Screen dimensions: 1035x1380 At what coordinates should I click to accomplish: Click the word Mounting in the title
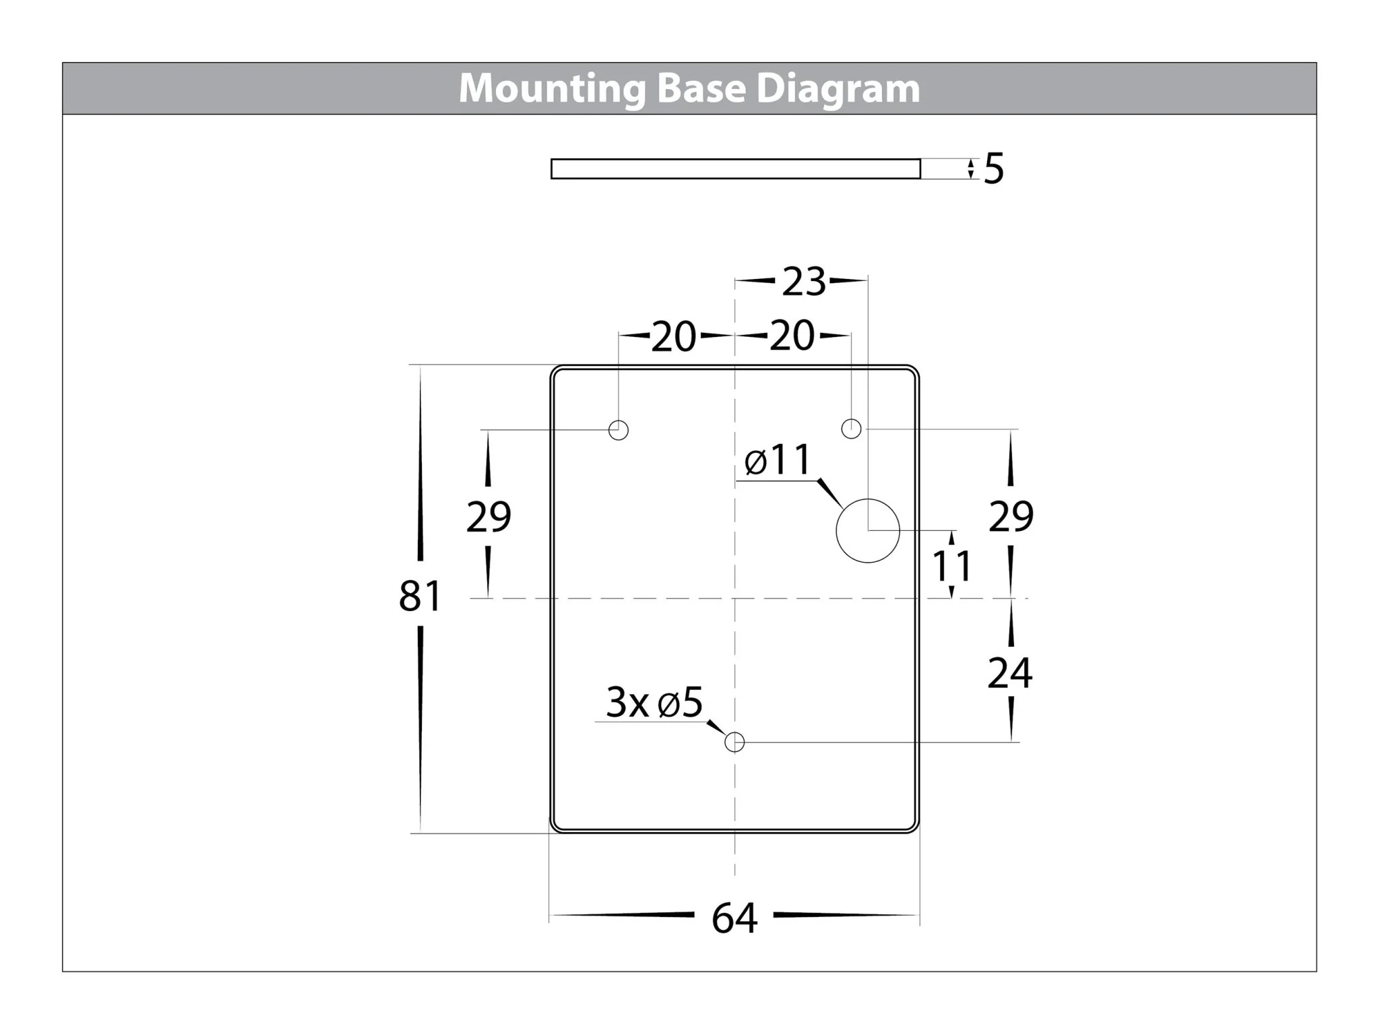551,89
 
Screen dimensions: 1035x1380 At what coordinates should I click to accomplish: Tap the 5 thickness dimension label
994,168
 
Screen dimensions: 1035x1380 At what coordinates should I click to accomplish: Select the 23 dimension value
803,282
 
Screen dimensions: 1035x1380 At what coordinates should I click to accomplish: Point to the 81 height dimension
420,596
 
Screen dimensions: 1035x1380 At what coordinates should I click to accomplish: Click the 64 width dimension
734,918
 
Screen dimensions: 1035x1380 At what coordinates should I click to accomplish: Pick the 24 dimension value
1009,672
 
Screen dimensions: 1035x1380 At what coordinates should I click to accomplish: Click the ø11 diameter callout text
778,461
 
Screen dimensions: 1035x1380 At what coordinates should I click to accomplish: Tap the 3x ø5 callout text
654,702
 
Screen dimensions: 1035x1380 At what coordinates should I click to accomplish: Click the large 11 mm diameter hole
868,531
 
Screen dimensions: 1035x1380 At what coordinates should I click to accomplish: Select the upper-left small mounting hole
619,430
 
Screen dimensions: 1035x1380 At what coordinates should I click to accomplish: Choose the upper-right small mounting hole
852,429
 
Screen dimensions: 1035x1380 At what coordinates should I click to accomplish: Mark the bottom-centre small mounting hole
734,743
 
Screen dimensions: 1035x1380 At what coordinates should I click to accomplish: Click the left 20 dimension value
674,336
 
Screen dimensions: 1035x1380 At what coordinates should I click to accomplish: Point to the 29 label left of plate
489,517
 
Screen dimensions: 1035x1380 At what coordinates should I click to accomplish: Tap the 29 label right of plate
1011,517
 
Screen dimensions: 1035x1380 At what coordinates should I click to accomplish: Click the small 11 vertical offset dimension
951,566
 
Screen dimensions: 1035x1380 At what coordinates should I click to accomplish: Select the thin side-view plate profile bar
735,169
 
